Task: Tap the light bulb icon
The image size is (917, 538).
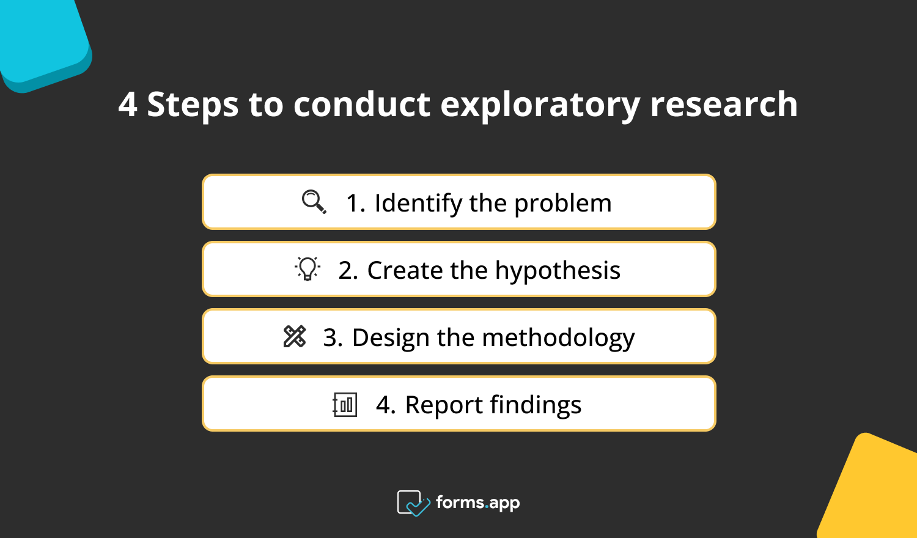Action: pyautogui.click(x=308, y=269)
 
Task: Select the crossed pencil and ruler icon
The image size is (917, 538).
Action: pyautogui.click(x=295, y=336)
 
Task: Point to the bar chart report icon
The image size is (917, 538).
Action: pyautogui.click(x=345, y=404)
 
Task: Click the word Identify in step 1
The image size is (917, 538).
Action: pyautogui.click(x=418, y=204)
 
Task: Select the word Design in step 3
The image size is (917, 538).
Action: pyautogui.click(x=391, y=338)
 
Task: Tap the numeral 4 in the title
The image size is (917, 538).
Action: pyautogui.click(x=127, y=105)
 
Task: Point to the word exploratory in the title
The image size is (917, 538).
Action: pyautogui.click(x=540, y=105)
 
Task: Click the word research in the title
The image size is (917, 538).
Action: pyautogui.click(x=724, y=105)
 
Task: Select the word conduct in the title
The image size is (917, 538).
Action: pyautogui.click(x=362, y=105)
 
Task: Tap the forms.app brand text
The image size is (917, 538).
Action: pyautogui.click(x=477, y=503)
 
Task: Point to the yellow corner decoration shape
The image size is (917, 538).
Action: pyautogui.click(x=874, y=489)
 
